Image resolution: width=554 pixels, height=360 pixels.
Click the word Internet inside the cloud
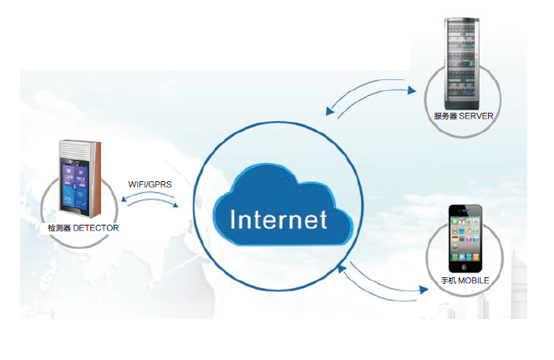point(278,220)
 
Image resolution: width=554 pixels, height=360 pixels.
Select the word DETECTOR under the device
point(95,227)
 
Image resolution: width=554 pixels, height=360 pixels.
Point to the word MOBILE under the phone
point(473,281)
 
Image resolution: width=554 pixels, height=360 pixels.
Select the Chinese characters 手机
point(447,281)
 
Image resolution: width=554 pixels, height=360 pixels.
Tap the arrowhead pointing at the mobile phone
point(418,292)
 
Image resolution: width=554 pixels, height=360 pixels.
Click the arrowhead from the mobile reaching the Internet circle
point(342,266)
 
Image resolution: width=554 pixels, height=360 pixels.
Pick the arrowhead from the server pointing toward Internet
point(329,111)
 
